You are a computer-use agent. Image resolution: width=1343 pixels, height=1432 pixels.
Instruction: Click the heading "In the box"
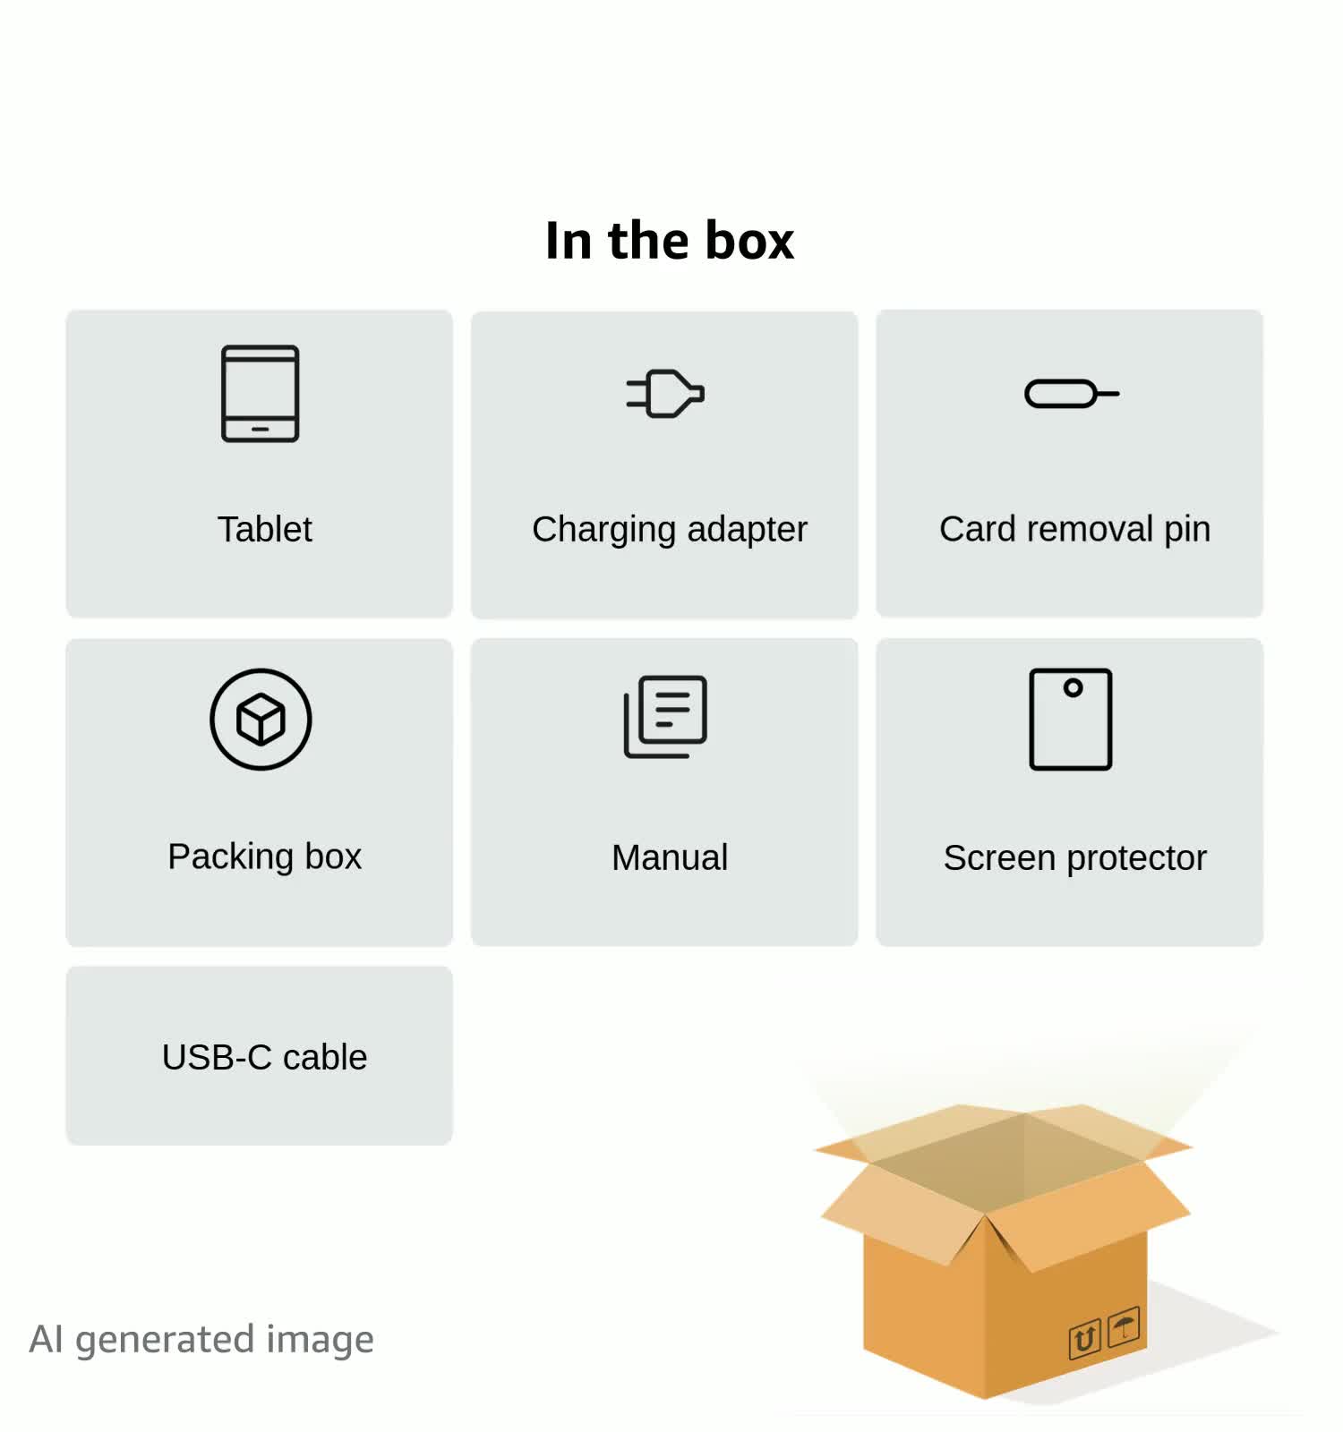pyautogui.click(x=670, y=240)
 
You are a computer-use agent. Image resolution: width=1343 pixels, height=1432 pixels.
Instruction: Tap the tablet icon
pyautogui.click(x=261, y=394)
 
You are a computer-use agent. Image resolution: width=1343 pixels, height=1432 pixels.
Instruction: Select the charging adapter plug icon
pyautogui.click(x=665, y=394)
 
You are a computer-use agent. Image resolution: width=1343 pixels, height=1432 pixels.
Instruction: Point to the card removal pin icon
pyautogui.click(x=1072, y=394)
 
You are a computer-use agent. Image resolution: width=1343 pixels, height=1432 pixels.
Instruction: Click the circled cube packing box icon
pyautogui.click(x=261, y=719)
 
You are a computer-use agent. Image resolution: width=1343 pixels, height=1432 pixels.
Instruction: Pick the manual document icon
pyautogui.click(x=665, y=717)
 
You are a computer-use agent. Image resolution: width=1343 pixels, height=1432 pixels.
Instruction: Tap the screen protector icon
pyautogui.click(x=1071, y=719)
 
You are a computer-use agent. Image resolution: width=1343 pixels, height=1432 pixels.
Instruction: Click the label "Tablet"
pyautogui.click(x=265, y=529)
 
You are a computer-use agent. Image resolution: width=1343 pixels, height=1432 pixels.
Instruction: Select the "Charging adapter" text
pyautogui.click(x=670, y=530)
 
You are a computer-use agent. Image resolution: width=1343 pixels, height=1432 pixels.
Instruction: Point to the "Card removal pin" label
pyautogui.click(x=1074, y=530)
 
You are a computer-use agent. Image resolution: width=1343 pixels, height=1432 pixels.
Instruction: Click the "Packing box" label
pyautogui.click(x=265, y=857)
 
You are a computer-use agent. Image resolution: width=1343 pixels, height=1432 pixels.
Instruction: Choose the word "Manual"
pyautogui.click(x=670, y=857)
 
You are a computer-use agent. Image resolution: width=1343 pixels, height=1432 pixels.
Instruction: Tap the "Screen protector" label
pyautogui.click(x=1074, y=858)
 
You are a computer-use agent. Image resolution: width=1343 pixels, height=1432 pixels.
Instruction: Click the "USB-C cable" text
pyautogui.click(x=265, y=1057)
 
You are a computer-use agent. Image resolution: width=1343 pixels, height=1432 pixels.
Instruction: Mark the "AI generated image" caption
pyautogui.click(x=201, y=1340)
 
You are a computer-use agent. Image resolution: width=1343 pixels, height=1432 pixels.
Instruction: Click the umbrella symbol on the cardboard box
pyautogui.click(x=1124, y=1325)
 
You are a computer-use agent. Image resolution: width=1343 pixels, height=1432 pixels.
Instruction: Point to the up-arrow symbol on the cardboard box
pyautogui.click(x=1084, y=1340)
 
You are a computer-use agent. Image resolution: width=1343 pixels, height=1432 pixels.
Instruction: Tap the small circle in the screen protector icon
pyautogui.click(x=1074, y=687)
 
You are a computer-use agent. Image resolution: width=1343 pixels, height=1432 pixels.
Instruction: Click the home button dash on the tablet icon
pyautogui.click(x=261, y=430)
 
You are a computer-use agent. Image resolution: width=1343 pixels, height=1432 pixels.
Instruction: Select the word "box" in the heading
pyautogui.click(x=749, y=240)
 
